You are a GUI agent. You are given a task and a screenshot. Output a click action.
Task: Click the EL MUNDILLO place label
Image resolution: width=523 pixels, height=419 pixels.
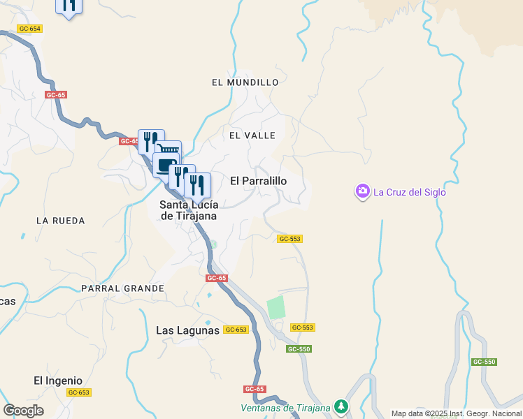coord(245,82)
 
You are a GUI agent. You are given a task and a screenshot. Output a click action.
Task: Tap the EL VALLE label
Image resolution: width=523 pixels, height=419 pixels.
coord(252,135)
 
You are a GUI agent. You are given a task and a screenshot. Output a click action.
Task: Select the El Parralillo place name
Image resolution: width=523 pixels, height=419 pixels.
coord(258,181)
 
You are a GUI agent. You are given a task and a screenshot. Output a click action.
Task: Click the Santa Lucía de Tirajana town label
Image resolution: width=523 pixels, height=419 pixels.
coord(188,210)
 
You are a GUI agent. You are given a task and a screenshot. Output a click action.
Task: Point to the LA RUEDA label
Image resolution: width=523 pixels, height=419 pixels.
coord(60,221)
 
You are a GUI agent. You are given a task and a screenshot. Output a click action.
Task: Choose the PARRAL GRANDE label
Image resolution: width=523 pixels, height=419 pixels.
coord(122,288)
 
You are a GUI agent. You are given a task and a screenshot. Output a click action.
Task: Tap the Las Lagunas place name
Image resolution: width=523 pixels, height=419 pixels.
coord(187,330)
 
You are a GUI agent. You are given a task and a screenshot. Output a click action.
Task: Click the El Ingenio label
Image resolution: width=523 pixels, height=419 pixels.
coord(58,381)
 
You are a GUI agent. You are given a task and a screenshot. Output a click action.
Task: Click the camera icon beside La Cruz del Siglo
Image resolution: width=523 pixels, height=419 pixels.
coord(362,192)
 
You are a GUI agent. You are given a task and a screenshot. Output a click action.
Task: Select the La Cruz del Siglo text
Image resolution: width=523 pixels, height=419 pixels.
coord(409,193)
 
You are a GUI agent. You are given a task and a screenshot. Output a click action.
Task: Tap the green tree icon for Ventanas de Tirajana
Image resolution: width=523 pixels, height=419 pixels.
coord(341,406)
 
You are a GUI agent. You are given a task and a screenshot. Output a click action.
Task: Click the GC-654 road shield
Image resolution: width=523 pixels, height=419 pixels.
coord(30,29)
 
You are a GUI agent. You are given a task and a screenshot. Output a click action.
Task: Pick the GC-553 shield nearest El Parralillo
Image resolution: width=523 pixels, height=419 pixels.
coord(289,239)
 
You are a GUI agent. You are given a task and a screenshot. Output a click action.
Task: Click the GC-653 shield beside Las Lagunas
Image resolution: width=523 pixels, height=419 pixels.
coord(236,330)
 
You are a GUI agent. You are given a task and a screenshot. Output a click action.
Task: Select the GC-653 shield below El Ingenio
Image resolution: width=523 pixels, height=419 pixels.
coord(78,392)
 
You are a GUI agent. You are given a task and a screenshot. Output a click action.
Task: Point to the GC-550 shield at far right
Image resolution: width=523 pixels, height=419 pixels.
coord(484,362)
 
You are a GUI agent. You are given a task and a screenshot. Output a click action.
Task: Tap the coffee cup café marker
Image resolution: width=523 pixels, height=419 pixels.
coord(164,166)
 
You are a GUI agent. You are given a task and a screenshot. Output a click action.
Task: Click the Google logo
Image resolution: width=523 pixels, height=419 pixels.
coord(23,411)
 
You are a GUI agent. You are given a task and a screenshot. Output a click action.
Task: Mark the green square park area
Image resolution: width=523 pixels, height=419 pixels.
coord(276,307)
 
